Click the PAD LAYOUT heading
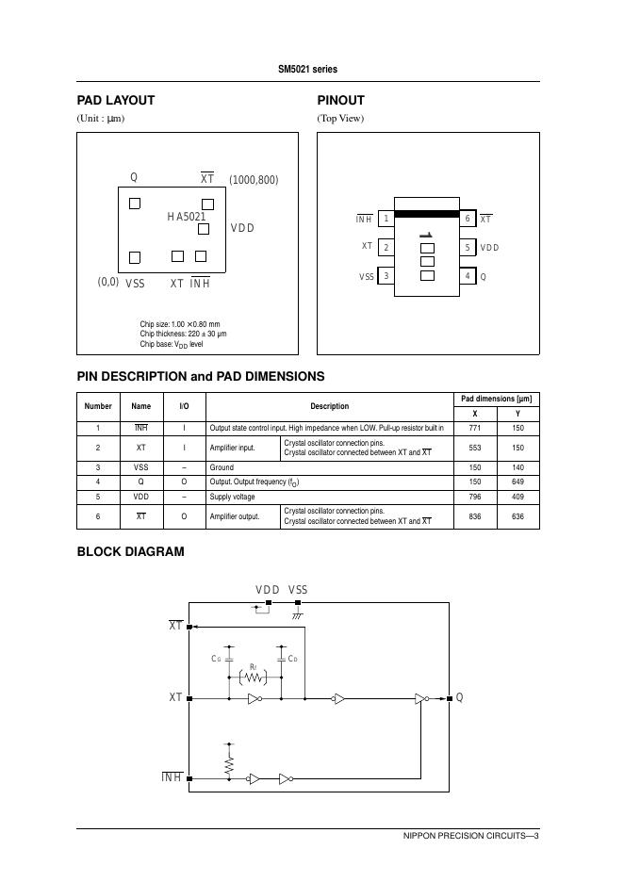click(115, 100)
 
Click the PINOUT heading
click(340, 100)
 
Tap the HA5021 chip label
click(187, 217)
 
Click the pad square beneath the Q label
click(135, 204)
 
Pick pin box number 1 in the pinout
click(386, 220)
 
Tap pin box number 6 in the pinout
click(468, 220)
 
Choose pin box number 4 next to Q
click(468, 276)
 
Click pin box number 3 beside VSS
click(386, 276)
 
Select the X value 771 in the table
click(474, 428)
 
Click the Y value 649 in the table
click(517, 482)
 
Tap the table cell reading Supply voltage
click(232, 497)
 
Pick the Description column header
click(329, 406)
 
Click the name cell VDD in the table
click(140, 497)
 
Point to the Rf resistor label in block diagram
click(253, 665)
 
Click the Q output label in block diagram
click(459, 698)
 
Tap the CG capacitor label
click(217, 659)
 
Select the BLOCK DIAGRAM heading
click(130, 552)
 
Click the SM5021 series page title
click(307, 70)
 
